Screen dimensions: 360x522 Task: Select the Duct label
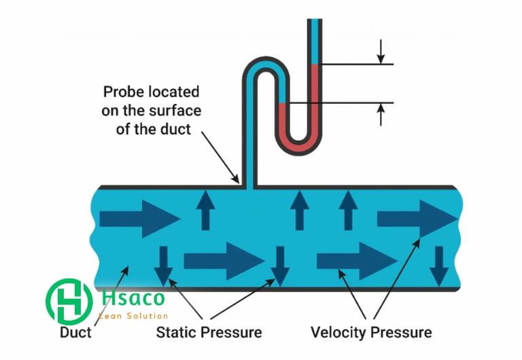[75, 333]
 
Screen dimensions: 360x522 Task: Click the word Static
[176, 333]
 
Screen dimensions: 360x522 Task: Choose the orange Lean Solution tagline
[133, 316]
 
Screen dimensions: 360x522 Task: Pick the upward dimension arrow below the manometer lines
[381, 113]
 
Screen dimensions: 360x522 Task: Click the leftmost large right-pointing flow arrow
[139, 218]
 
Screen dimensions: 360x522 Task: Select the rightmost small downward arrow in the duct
[439, 266]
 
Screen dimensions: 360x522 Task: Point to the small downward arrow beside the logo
[163, 266]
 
